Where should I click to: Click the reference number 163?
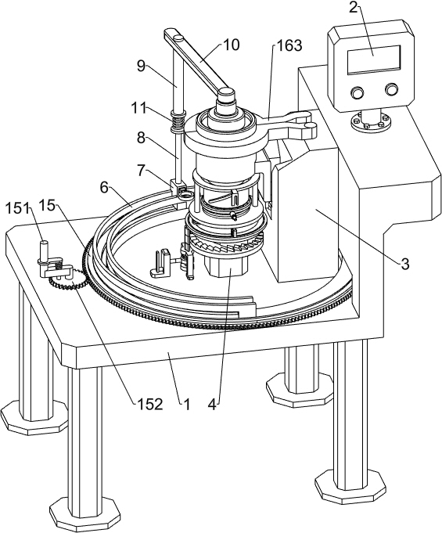[289, 45]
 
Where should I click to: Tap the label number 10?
[232, 45]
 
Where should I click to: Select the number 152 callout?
[150, 404]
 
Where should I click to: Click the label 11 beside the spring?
[140, 109]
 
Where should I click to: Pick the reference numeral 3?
[404, 264]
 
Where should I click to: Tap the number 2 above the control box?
[354, 7]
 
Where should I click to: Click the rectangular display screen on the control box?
[373, 59]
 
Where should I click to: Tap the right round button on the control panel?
[391, 89]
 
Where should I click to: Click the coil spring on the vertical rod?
[177, 122]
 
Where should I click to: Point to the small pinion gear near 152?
[66, 276]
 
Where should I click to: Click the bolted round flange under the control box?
[370, 121]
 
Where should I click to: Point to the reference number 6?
[104, 187]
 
